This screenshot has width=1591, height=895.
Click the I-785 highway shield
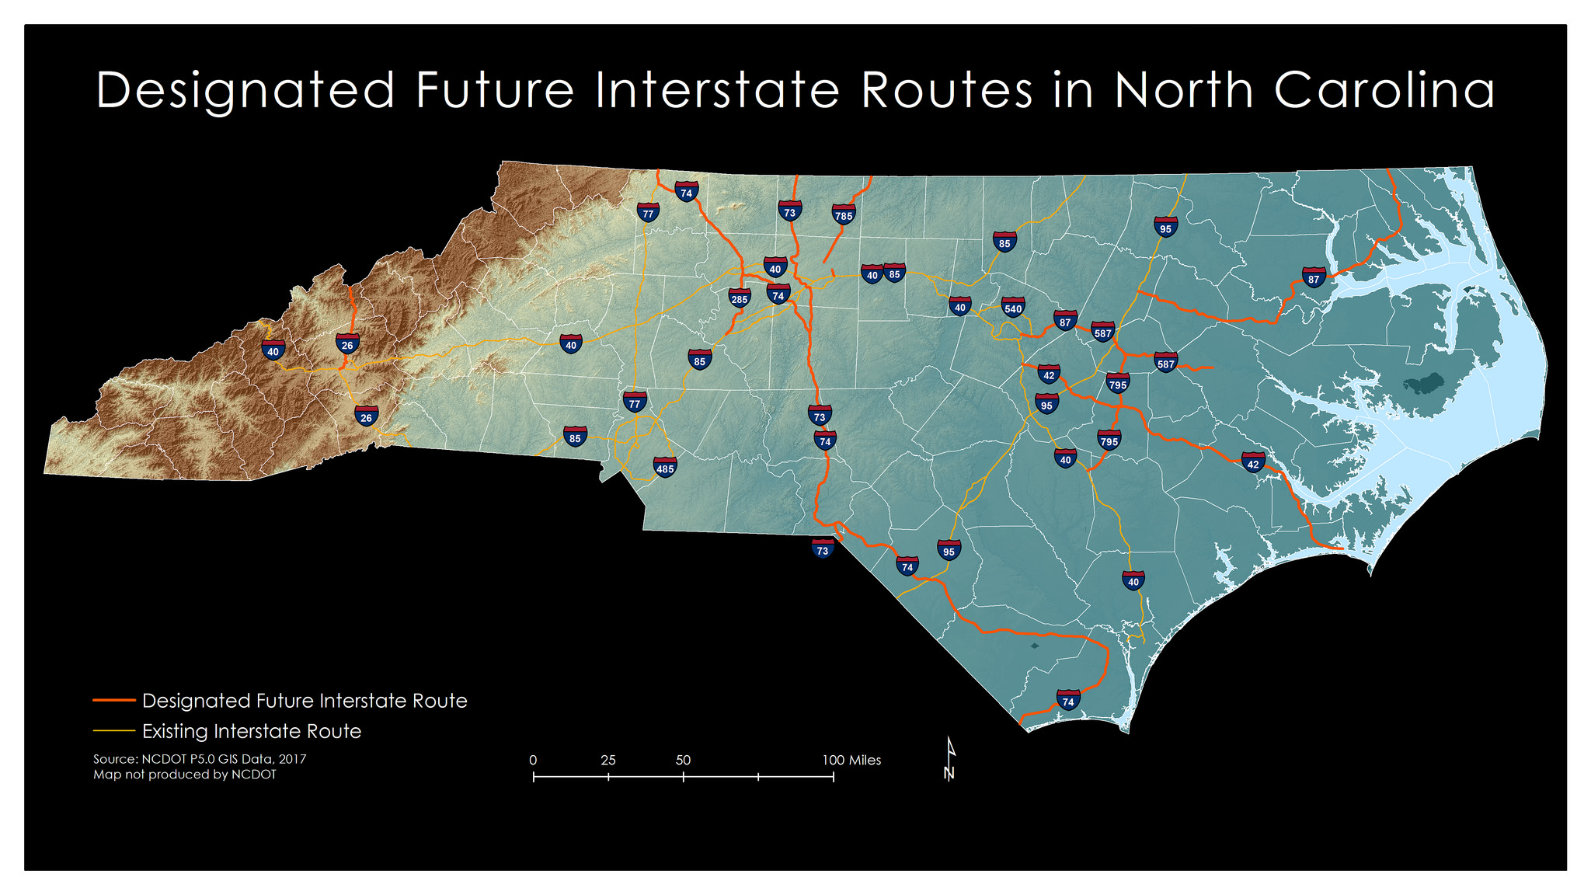[x=844, y=214]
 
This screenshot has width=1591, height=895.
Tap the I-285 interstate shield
[x=740, y=298]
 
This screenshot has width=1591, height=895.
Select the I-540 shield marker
[x=1013, y=307]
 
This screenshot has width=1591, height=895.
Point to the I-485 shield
[x=665, y=467]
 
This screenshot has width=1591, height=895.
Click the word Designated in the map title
[x=245, y=90]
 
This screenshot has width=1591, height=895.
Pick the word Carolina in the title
[x=1384, y=90]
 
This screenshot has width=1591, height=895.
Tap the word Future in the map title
[x=495, y=90]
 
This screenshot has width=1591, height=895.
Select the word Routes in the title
[x=947, y=90]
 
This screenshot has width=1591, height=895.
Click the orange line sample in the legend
[x=114, y=701]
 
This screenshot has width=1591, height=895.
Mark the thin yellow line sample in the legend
[x=114, y=731]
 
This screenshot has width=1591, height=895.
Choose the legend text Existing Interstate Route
[x=252, y=731]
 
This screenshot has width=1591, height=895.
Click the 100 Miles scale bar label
[x=851, y=760]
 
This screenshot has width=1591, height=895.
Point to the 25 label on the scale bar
[x=608, y=760]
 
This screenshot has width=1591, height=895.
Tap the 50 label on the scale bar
[x=683, y=760]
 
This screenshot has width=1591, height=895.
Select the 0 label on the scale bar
[x=533, y=760]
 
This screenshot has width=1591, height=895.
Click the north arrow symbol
[x=949, y=758]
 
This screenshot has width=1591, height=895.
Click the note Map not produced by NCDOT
[x=185, y=775]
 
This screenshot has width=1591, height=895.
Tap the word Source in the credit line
[x=115, y=759]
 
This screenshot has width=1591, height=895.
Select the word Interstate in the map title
[x=718, y=90]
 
